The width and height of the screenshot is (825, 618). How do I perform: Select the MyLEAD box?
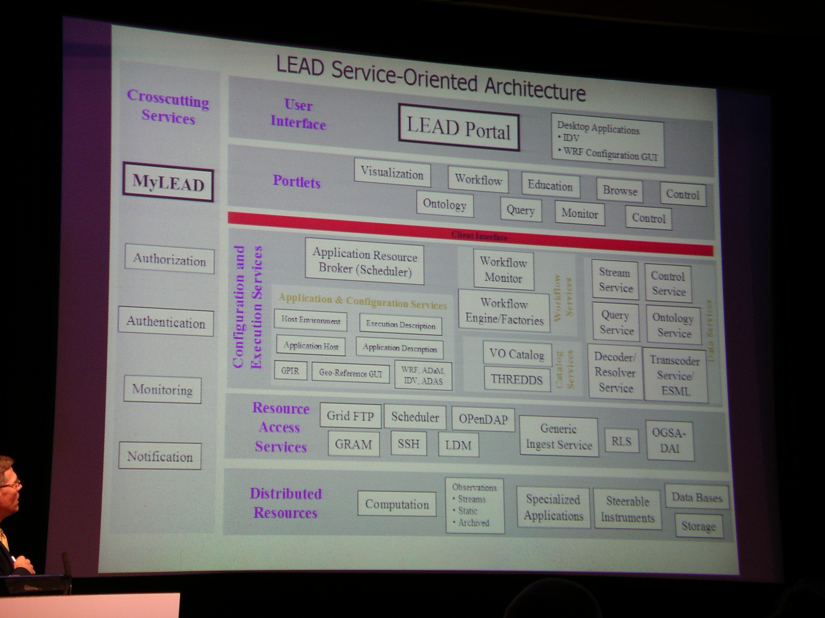click(x=168, y=182)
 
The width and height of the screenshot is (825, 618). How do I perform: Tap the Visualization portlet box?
click(x=392, y=173)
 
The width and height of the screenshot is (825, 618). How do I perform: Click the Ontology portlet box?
click(x=445, y=204)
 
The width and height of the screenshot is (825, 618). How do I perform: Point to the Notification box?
click(x=160, y=456)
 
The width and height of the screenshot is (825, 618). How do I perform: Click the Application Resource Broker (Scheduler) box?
click(x=364, y=262)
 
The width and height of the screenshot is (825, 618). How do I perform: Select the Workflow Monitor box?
click(x=504, y=270)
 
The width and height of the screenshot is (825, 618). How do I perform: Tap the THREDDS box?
click(x=517, y=379)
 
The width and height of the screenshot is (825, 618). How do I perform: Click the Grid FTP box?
click(x=350, y=416)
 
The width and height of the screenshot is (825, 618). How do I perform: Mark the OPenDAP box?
click(x=483, y=419)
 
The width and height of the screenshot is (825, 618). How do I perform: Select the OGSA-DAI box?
click(x=669, y=441)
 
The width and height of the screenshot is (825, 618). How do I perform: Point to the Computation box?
click(x=397, y=504)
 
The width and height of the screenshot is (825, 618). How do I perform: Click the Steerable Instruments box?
click(x=628, y=509)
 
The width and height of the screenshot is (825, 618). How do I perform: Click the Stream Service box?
click(x=615, y=280)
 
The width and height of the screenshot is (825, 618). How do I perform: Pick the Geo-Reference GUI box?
click(x=350, y=373)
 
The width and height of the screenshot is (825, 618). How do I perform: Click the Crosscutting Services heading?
click(x=168, y=107)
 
